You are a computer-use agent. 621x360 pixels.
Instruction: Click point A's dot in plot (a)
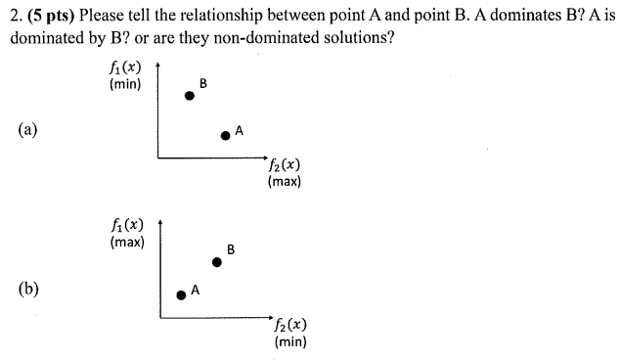click(x=225, y=136)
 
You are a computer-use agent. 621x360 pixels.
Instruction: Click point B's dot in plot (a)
click(x=190, y=96)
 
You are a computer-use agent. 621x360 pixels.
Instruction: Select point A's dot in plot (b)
click(x=180, y=294)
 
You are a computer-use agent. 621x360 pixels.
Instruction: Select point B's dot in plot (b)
click(x=217, y=261)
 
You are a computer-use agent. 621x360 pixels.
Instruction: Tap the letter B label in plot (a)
click(x=202, y=83)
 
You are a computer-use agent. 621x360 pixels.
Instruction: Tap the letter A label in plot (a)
click(x=239, y=129)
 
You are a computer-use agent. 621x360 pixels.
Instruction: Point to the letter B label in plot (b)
click(x=230, y=248)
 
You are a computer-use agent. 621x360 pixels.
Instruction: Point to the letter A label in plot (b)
click(x=195, y=290)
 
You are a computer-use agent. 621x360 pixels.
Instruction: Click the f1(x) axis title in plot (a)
click(x=126, y=68)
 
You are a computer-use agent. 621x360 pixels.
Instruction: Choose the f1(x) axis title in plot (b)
click(x=127, y=226)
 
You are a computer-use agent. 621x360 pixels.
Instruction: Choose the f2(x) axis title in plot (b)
click(x=292, y=326)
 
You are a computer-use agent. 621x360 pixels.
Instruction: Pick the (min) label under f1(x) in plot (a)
click(x=126, y=84)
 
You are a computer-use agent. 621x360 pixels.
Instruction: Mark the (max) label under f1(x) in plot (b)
click(x=127, y=242)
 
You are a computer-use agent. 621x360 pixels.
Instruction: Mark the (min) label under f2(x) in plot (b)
click(x=292, y=341)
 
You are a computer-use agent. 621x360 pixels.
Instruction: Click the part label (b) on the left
click(x=26, y=289)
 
